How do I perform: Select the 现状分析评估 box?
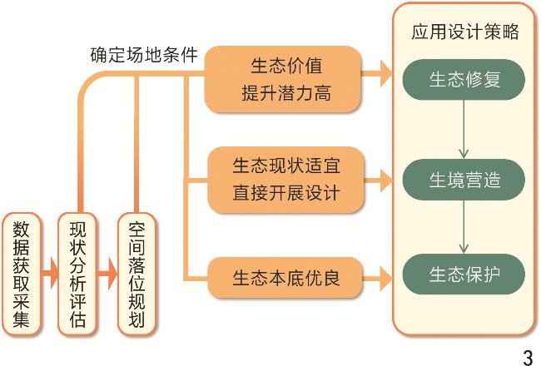[77, 272]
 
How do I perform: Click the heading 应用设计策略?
[465, 32]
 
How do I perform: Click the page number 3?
[527, 359]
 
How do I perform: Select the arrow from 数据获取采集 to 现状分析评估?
[49, 272]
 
